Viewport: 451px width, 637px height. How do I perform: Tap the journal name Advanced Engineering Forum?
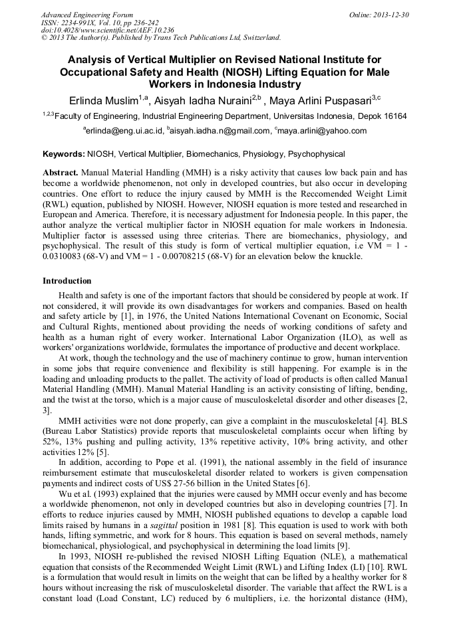pos(86,15)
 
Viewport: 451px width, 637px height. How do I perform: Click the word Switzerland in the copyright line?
pos(257,37)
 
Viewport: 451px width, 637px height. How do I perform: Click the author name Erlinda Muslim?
pos(102,100)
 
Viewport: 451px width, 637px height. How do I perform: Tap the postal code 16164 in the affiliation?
pos(390,116)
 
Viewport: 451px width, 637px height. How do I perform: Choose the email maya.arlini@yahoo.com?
pos(323,131)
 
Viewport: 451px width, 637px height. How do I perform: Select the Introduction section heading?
pos(67,281)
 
